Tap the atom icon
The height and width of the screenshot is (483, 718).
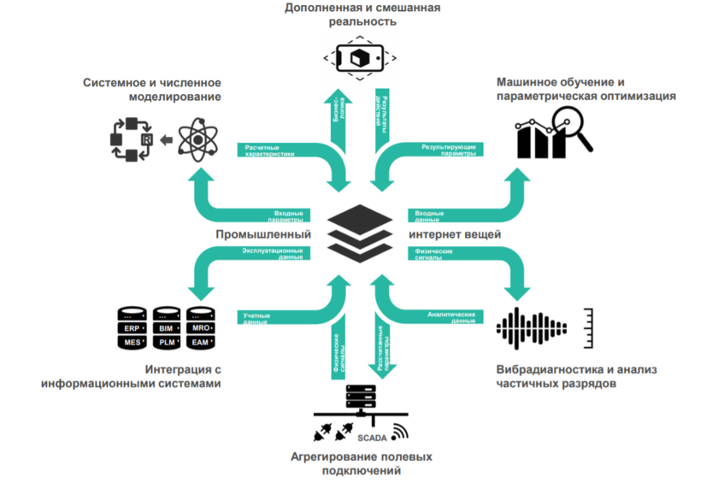(199, 139)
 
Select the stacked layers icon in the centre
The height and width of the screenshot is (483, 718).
(359, 232)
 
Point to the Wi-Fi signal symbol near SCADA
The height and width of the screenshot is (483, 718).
(399, 431)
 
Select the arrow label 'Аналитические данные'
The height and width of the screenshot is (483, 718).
(450, 317)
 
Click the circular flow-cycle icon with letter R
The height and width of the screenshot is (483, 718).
(132, 139)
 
